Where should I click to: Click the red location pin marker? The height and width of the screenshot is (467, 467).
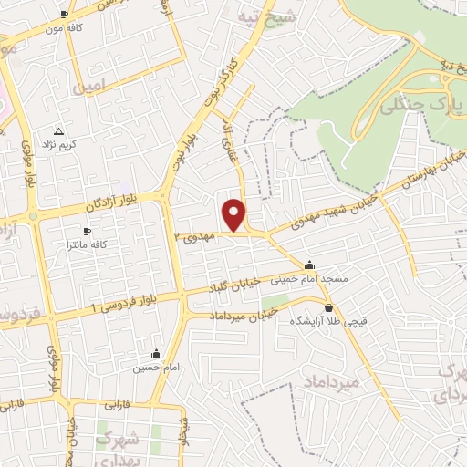click(x=235, y=213)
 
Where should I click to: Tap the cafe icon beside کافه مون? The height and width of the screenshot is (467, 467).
click(x=64, y=15)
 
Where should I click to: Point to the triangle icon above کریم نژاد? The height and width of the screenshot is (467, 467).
click(x=59, y=131)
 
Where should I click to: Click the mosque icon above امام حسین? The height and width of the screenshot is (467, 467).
click(x=156, y=353)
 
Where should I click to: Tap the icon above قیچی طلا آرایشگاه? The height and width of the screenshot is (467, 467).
click(x=328, y=308)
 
